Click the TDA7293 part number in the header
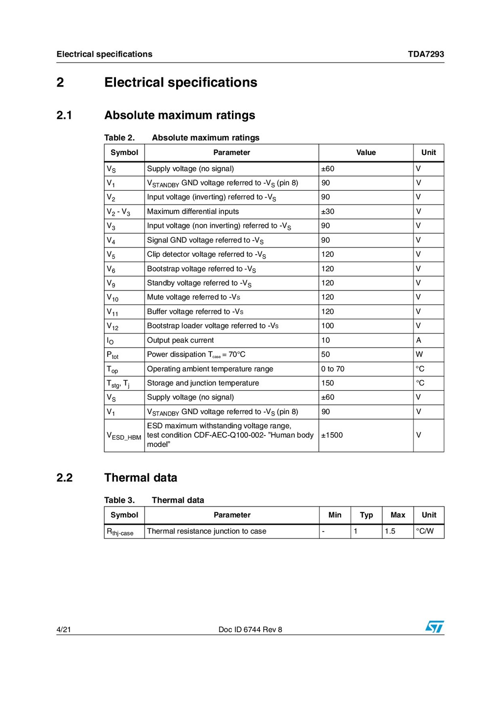426,54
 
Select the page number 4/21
64,630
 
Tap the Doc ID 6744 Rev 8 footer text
250,630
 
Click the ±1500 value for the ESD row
332,435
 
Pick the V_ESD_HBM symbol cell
124,436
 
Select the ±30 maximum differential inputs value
328,212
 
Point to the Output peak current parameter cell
181,340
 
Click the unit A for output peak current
419,340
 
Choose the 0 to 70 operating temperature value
333,369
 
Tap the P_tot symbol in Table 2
113,355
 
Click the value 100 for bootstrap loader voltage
327,326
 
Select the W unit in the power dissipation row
419,354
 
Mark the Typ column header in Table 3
366,515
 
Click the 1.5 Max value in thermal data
390,531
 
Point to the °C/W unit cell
425,531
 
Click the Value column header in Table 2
366,153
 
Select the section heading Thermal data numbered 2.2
140,478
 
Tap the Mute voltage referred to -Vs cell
194,297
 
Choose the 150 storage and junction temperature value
327,383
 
